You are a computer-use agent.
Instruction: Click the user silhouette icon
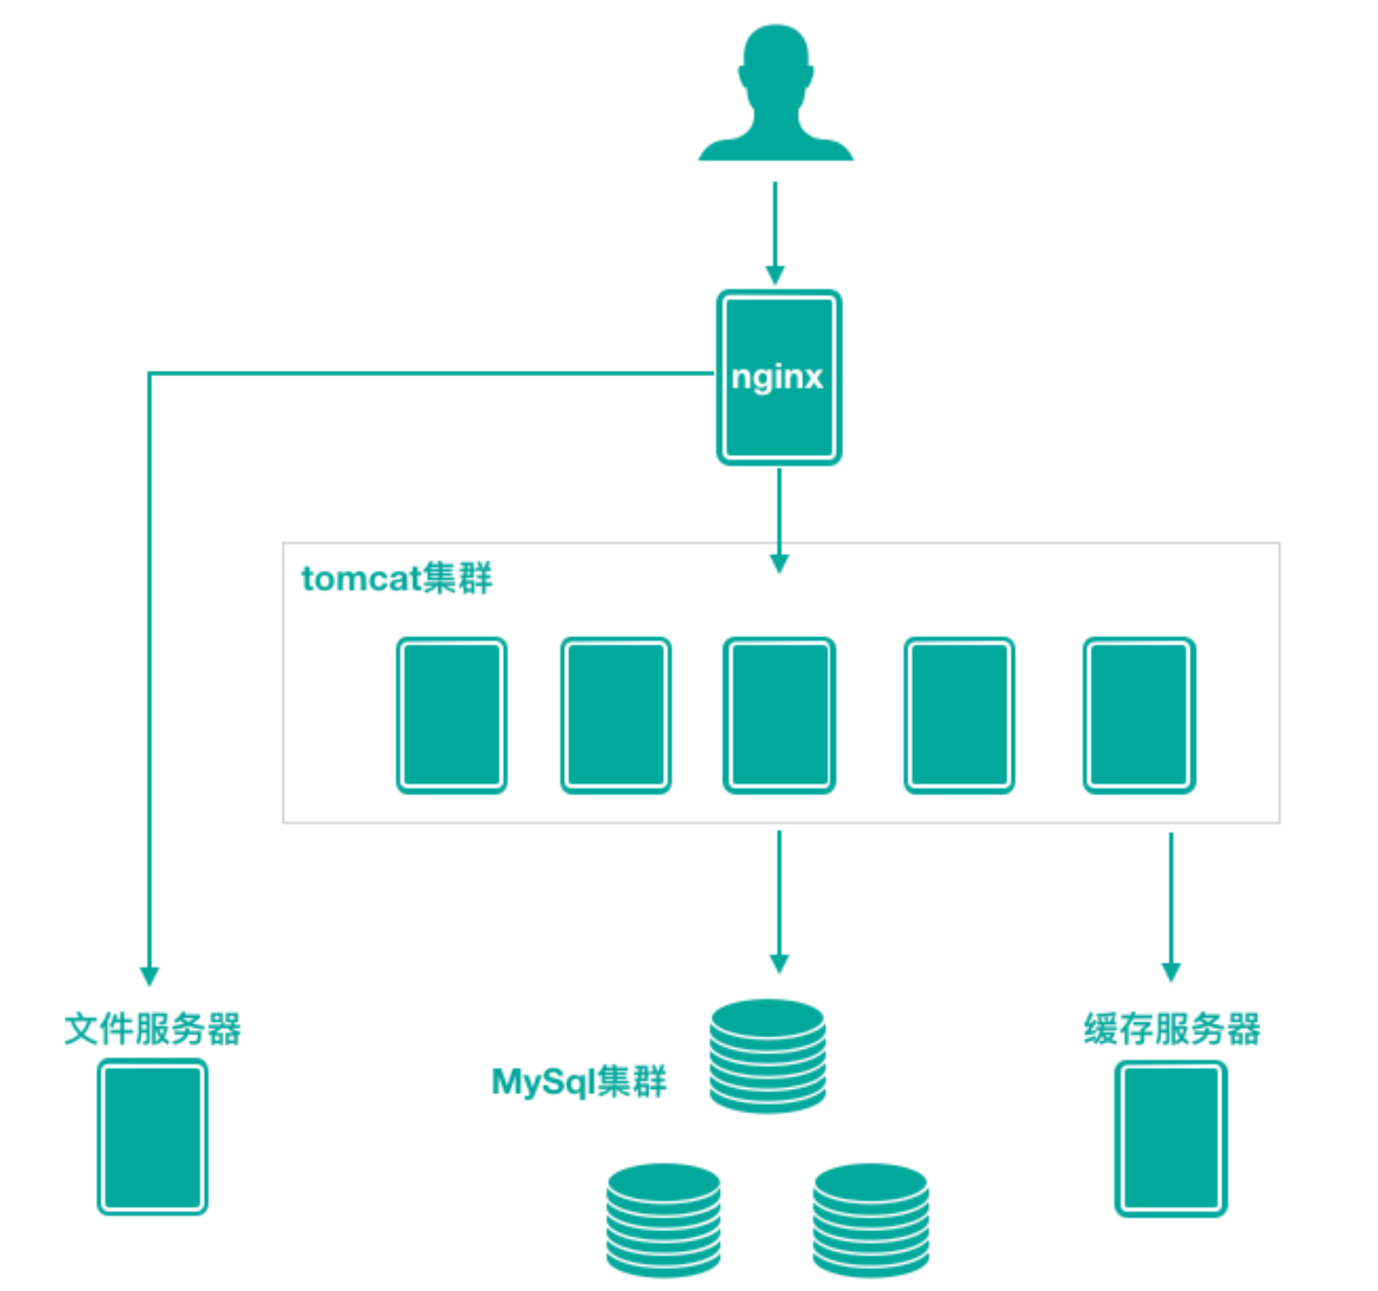[x=776, y=95]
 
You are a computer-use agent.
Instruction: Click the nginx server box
[x=779, y=377]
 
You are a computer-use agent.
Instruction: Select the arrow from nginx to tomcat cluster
[x=779, y=520]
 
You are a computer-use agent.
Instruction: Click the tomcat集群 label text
[x=396, y=578]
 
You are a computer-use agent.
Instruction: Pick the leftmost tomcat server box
[x=451, y=715]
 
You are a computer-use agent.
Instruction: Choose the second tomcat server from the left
[x=616, y=715]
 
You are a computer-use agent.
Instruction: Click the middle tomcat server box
[x=779, y=715]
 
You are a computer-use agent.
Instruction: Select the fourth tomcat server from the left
[x=959, y=715]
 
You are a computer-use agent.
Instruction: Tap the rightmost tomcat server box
[x=1140, y=715]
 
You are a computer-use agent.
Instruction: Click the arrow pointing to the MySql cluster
[x=779, y=901]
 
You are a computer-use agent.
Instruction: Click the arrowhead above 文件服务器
[x=150, y=976]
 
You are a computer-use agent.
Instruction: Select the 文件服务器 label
[x=152, y=1029]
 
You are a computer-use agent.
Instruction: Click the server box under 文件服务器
[x=152, y=1137]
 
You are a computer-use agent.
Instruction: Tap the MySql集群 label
[x=578, y=1082]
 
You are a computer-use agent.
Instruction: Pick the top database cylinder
[x=768, y=1056]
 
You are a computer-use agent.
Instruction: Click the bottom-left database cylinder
[x=664, y=1220]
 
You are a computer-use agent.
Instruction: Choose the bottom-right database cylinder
[x=870, y=1220]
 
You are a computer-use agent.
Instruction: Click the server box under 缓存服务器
[x=1170, y=1139]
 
